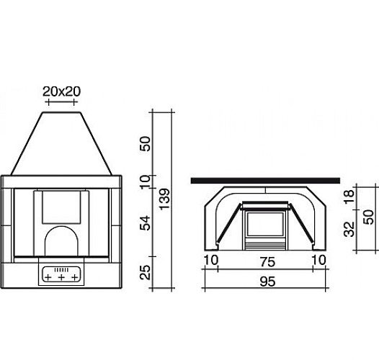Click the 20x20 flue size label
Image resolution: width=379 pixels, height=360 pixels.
pos(61,91)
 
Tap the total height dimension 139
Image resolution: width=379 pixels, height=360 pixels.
pos(165,199)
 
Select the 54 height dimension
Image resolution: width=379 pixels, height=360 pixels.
pos(145,223)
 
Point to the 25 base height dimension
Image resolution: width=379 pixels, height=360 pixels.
pos(145,272)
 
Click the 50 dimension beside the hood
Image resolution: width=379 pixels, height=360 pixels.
pos(145,144)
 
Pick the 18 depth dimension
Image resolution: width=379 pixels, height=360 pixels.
pos(349,197)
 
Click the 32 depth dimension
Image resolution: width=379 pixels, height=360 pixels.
pos(349,229)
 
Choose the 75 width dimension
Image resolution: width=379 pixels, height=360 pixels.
pos(267,262)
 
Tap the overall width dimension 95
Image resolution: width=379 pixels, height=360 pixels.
pos(267,282)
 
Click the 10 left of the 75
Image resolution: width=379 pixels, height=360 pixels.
pos(211,260)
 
